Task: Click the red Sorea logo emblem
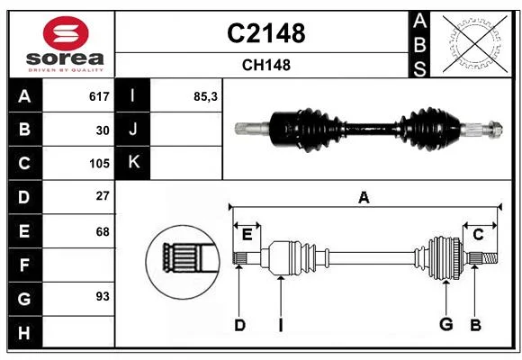(x=66, y=33)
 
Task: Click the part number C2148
(x=266, y=33)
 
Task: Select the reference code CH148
(x=266, y=65)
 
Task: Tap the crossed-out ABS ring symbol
(x=475, y=43)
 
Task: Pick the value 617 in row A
(x=99, y=96)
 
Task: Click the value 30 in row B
(x=103, y=130)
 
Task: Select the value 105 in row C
(x=99, y=164)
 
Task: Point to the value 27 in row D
(x=103, y=196)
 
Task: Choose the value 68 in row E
(x=103, y=231)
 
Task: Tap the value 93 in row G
(x=103, y=296)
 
